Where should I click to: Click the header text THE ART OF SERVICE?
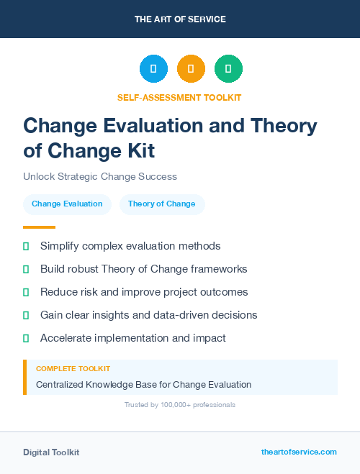(180, 19)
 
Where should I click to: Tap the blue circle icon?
(153, 69)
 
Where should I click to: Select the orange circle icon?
(191, 69)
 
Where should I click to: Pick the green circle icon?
(228, 69)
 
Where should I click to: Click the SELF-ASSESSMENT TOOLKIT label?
(179, 97)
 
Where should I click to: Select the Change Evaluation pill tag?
(67, 204)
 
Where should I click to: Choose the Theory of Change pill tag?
(161, 204)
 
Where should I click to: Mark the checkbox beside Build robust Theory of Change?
(26, 269)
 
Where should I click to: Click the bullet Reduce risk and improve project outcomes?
(144, 292)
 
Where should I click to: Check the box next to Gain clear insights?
(26, 315)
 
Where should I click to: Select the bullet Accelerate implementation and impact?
(133, 338)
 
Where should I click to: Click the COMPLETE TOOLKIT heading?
(73, 368)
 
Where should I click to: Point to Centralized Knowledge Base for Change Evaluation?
(143, 384)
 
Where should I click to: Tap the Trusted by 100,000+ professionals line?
(179, 405)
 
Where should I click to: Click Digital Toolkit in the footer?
(51, 452)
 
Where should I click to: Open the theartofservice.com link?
(299, 452)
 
